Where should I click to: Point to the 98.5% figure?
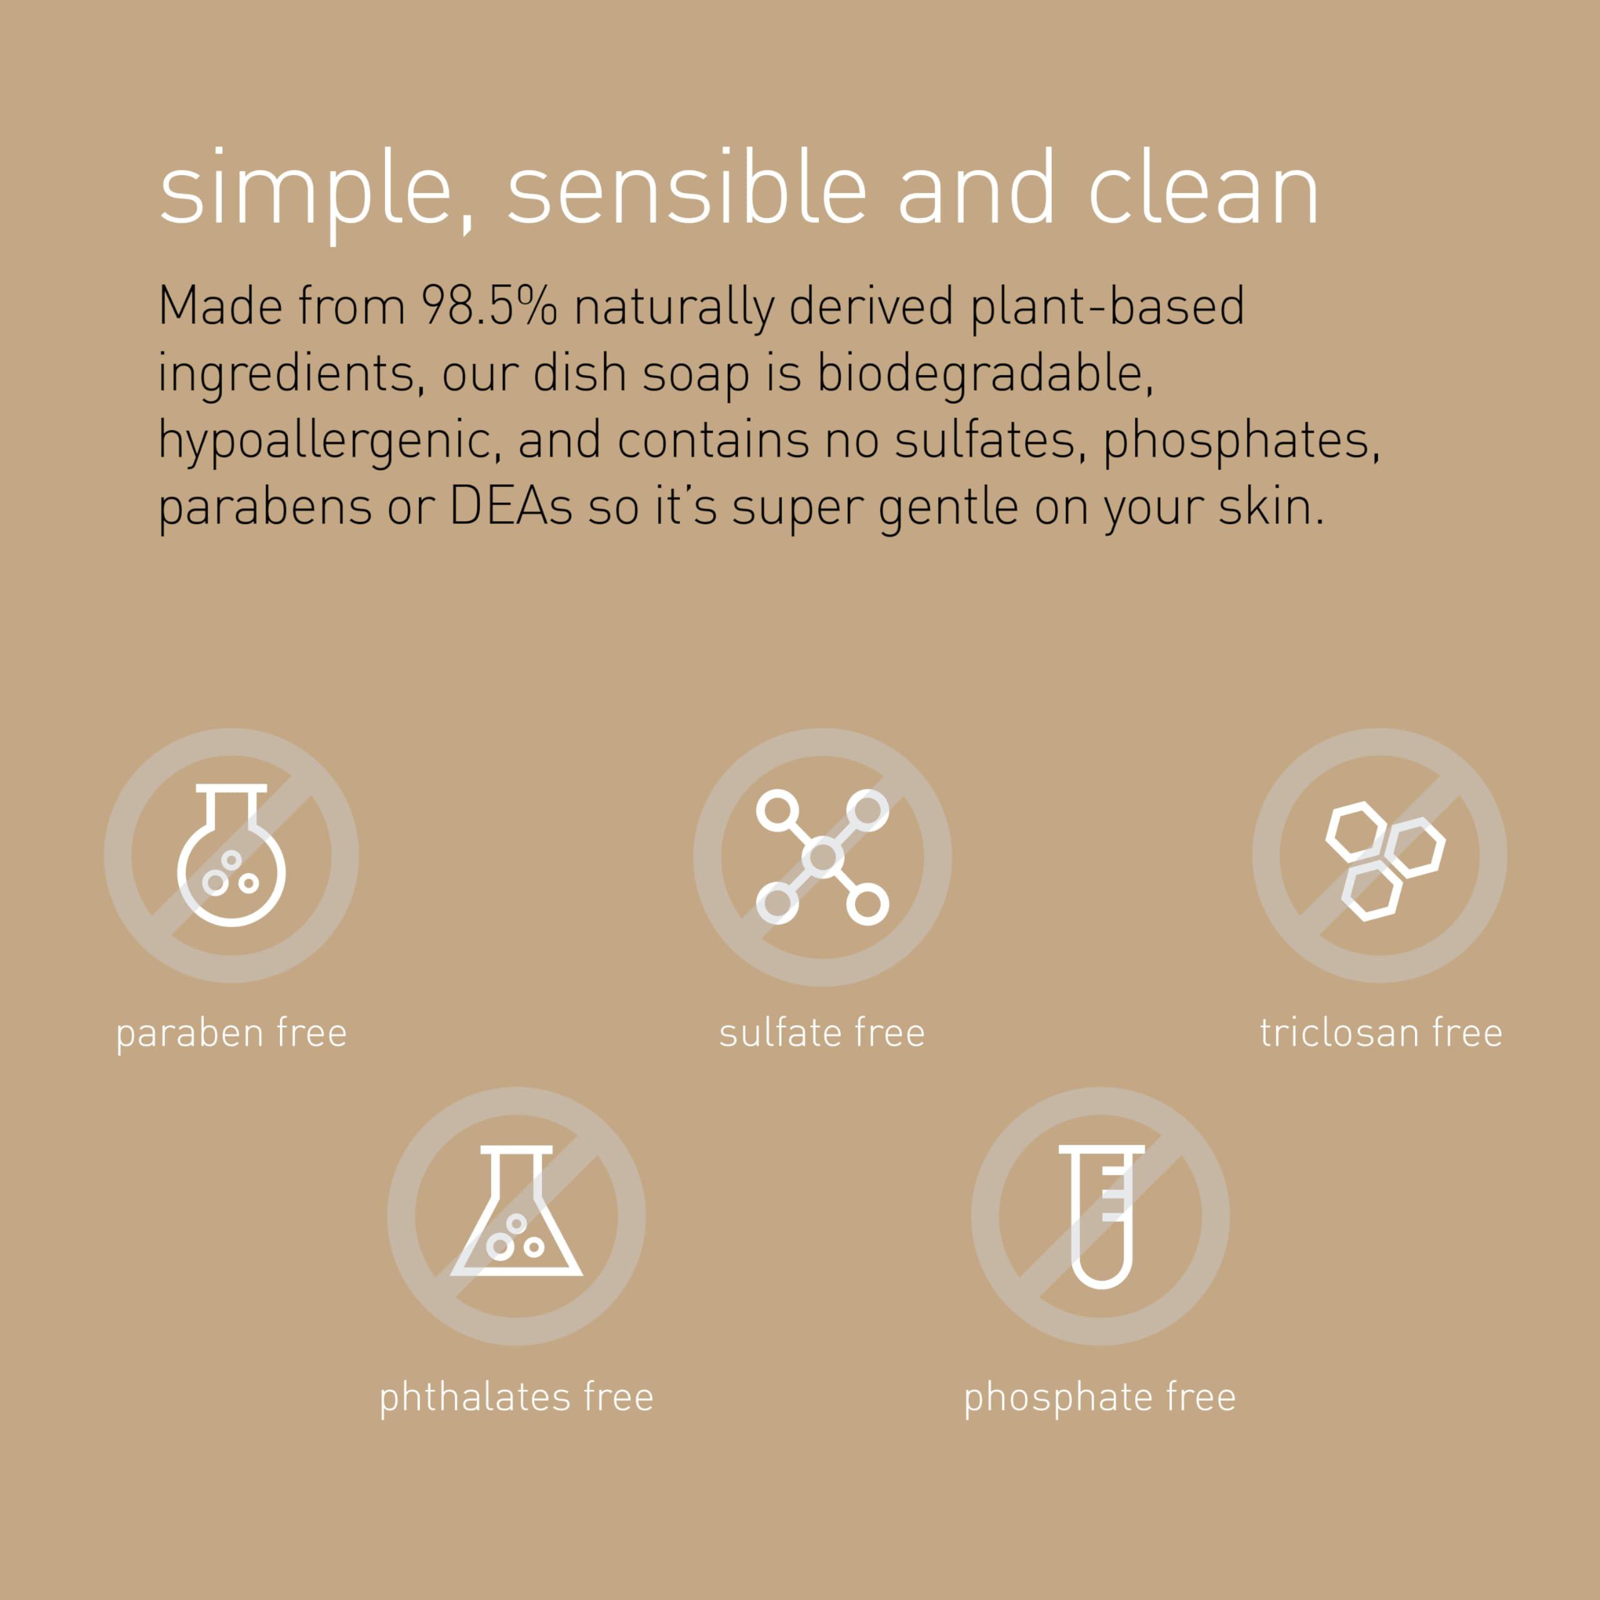coord(489,306)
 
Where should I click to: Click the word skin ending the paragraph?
coord(1271,507)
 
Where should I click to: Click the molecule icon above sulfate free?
coord(822,856)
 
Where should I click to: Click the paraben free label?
coord(231,1032)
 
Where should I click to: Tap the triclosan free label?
coord(1381,1032)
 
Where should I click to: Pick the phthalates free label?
coord(516,1397)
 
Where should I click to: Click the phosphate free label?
coord(1100,1397)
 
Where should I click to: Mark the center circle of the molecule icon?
coord(822,856)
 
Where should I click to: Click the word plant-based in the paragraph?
coord(1107,306)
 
